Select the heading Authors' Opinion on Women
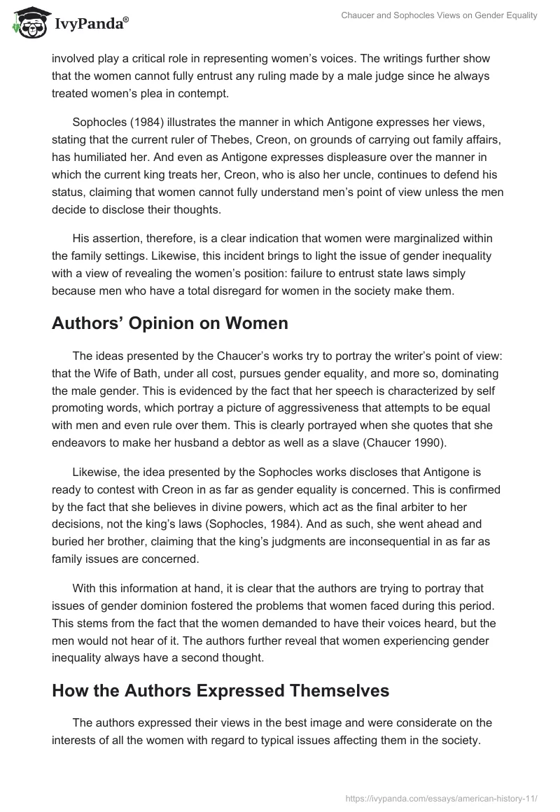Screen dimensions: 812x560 click(x=170, y=323)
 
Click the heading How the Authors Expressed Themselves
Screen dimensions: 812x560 click(x=220, y=691)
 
